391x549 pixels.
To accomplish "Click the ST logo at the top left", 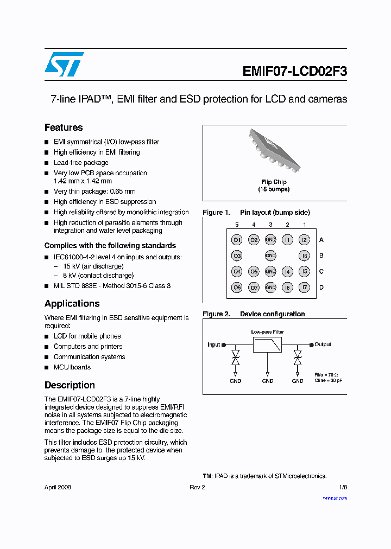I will [64, 64].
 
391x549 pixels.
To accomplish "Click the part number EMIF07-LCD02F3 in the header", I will [294, 72].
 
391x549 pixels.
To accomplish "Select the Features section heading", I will [64, 127].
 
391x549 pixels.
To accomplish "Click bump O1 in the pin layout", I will [237, 240].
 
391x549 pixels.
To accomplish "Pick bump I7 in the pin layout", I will [305, 288].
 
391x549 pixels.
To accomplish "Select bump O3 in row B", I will [237, 256].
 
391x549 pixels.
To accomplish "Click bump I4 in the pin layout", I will [288, 272].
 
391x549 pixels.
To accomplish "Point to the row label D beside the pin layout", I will [321, 288].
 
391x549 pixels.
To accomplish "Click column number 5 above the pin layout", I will [237, 225].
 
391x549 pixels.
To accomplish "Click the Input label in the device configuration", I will [214, 344].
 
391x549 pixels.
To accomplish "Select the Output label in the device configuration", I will [323, 344].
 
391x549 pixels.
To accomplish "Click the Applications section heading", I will [72, 304].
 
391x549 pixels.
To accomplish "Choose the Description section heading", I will [70, 385].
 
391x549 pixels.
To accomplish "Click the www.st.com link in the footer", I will [335, 498].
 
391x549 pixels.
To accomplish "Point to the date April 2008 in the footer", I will [58, 487].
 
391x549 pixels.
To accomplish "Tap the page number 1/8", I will [343, 487].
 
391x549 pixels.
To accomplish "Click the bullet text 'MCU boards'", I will [72, 367].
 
